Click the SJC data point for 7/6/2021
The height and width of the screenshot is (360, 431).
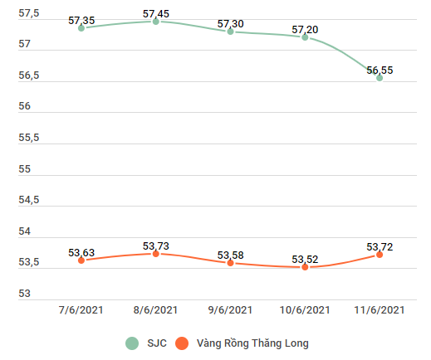(x=81, y=28)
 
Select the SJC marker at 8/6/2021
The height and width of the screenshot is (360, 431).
(x=155, y=22)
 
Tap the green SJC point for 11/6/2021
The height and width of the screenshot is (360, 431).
(x=380, y=78)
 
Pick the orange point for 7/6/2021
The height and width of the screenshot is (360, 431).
(x=81, y=260)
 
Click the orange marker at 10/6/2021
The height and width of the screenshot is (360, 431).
(x=305, y=267)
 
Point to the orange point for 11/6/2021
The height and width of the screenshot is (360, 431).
(x=380, y=255)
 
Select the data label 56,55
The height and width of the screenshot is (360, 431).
(x=380, y=71)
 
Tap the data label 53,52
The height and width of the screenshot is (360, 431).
(x=305, y=260)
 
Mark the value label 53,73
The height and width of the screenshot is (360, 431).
(x=155, y=246)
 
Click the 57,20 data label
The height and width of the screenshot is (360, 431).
(x=305, y=30)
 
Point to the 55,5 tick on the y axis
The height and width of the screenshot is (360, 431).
(x=29, y=138)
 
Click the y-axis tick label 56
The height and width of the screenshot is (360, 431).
(x=25, y=106)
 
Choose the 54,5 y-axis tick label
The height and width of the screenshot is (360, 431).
(x=29, y=200)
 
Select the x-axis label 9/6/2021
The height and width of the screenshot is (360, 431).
(x=230, y=310)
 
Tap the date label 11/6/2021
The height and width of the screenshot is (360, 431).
(x=380, y=310)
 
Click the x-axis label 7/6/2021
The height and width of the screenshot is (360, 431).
(x=81, y=310)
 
